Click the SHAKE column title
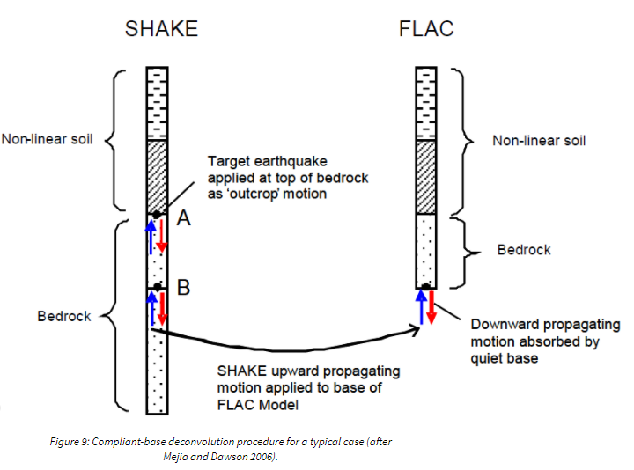click(161, 28)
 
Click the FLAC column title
click(426, 28)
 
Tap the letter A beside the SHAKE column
click(184, 218)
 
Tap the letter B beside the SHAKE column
click(184, 288)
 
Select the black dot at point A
click(156, 214)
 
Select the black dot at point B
click(156, 287)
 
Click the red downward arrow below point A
click(162, 237)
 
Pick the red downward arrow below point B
click(162, 309)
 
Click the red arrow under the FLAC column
click(431, 308)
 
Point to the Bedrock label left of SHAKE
click(63, 316)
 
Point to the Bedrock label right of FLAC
click(524, 250)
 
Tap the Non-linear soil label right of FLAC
click(539, 141)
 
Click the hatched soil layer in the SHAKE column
click(156, 176)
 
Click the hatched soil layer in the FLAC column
click(426, 176)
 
